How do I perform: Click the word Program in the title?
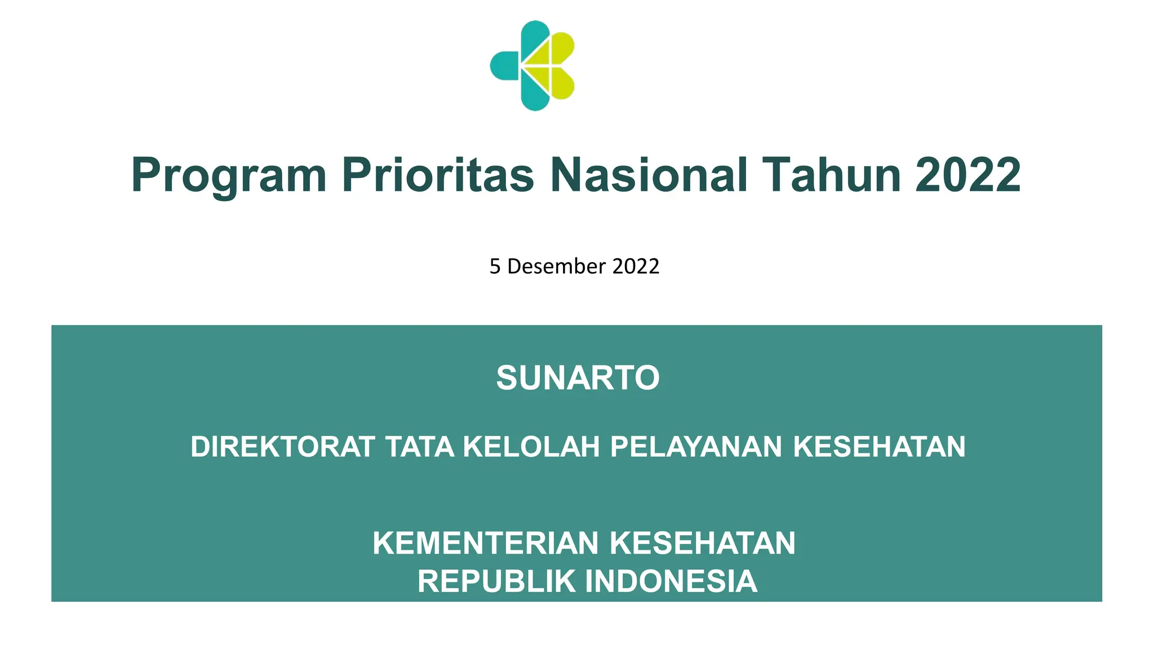[229, 176]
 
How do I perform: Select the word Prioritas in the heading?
[438, 175]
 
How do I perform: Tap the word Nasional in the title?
[649, 175]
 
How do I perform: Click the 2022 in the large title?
[968, 175]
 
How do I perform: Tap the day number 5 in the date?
[495, 266]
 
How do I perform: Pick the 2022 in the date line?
[636, 266]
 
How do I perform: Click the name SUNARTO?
[578, 377]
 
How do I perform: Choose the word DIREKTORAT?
[283, 447]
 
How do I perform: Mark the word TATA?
[420, 447]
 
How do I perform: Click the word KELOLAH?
[531, 447]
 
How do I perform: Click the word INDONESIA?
[671, 581]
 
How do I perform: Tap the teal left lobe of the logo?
[504, 65]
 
